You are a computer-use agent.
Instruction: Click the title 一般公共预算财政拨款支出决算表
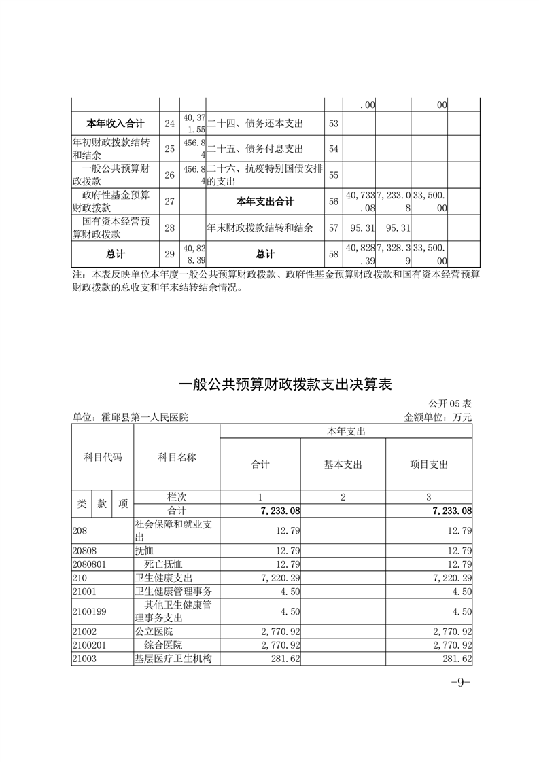point(285,384)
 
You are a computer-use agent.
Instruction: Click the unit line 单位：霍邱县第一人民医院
point(130,418)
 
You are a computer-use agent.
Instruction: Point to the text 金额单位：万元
point(438,418)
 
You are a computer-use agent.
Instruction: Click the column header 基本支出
point(343,465)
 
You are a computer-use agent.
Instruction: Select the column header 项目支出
point(429,465)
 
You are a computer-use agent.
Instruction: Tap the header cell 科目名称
point(177,458)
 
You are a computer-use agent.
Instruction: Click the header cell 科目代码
point(103,458)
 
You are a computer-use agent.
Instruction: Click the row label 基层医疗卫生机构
point(175,657)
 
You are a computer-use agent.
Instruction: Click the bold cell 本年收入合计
point(116,124)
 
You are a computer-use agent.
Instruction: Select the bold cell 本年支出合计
point(265,201)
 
